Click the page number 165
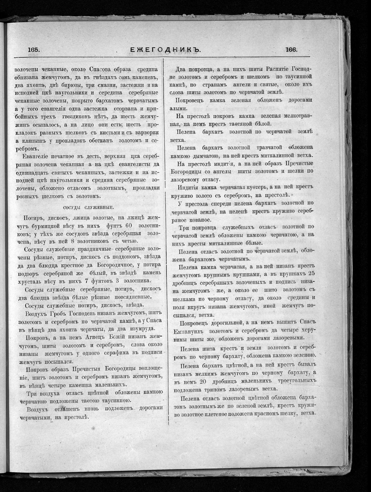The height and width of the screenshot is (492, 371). [x=33, y=50]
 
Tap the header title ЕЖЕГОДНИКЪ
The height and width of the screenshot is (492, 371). [x=164, y=50]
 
